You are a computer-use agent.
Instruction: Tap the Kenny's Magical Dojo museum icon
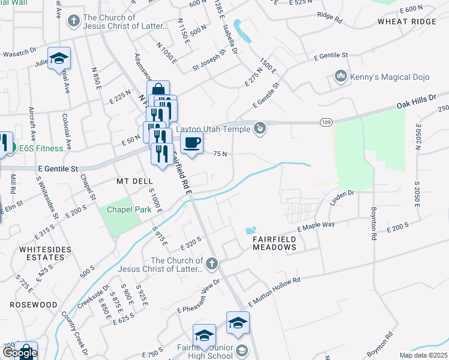[341, 76]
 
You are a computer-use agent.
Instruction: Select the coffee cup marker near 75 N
[191, 143]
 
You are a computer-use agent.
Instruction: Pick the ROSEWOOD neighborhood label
[34, 305]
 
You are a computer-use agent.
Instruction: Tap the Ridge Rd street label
[329, 18]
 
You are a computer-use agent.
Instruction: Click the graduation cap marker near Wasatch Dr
[59, 58]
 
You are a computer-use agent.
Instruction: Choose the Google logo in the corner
[20, 353]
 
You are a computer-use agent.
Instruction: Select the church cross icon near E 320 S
[211, 264]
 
